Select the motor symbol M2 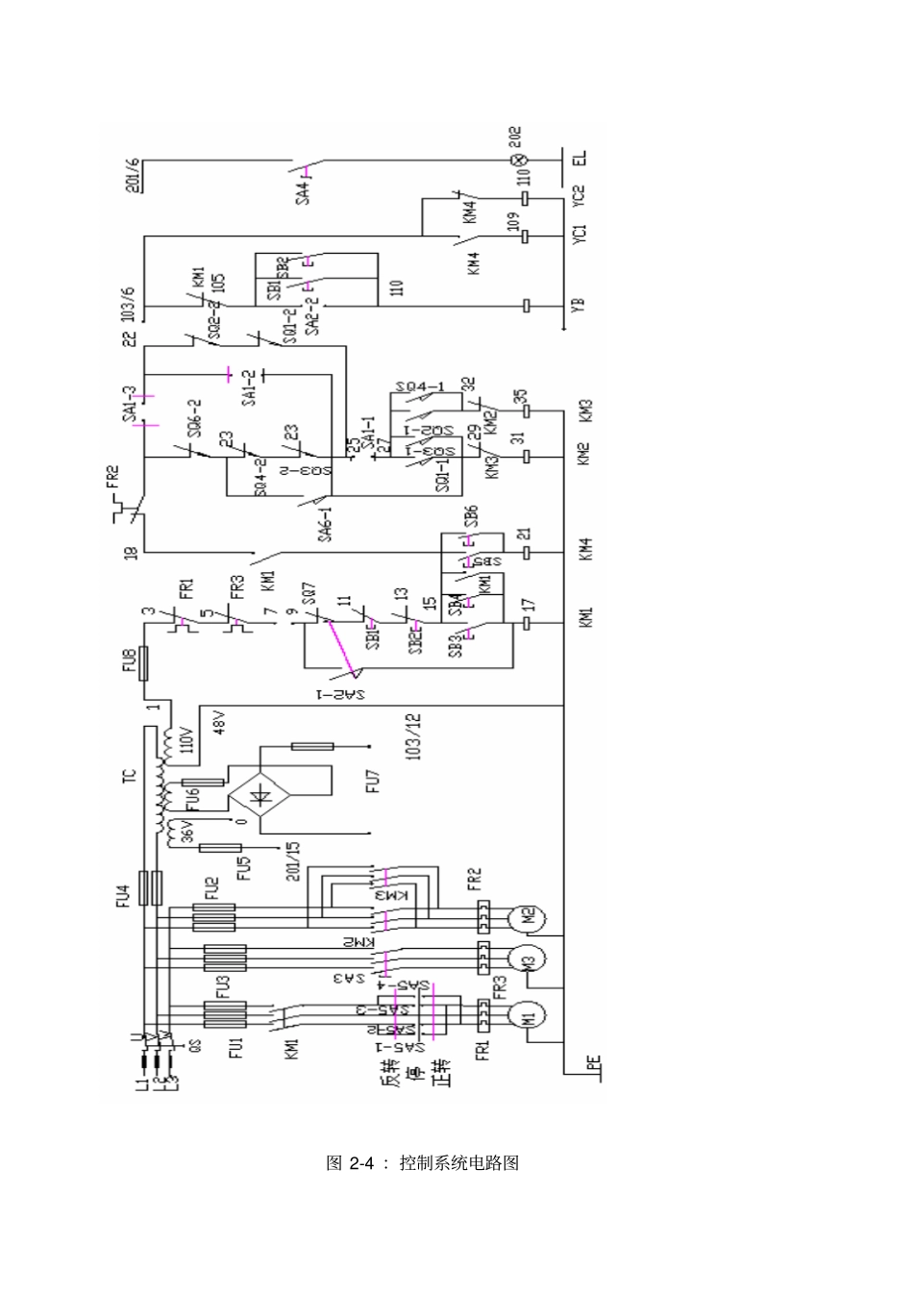(528, 916)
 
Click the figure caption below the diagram (423, 1162)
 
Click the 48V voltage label (217, 723)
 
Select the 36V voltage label (188, 829)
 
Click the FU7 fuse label (373, 781)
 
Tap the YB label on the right (578, 306)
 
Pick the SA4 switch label (304, 189)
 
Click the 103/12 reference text (413, 736)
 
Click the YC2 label (578, 195)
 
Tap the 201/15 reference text (294, 861)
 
